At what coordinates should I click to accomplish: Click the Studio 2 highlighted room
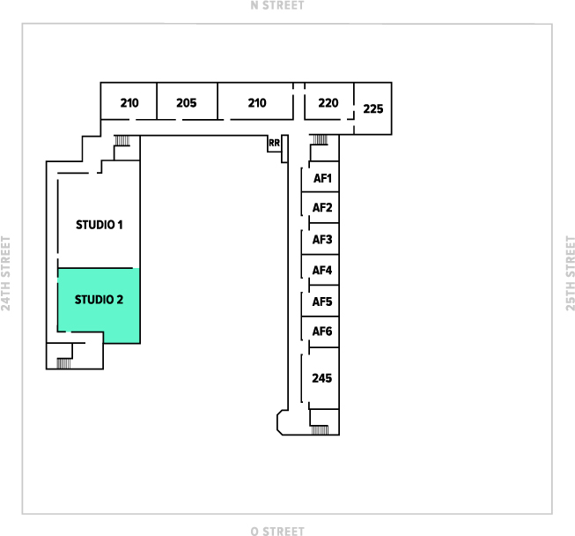tap(99, 300)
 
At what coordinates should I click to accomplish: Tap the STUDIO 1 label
tap(99, 225)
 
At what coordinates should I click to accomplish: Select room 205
tap(186, 103)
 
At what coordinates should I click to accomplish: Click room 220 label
tap(328, 103)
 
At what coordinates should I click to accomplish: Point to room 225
tap(373, 109)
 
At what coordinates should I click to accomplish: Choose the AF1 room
tap(322, 179)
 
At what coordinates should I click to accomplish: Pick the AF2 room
tap(322, 208)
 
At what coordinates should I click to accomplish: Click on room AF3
tap(322, 240)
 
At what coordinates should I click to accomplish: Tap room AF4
tap(322, 271)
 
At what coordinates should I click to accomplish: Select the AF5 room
tap(322, 301)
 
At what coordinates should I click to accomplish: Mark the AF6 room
tap(322, 332)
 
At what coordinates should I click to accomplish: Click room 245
tap(322, 378)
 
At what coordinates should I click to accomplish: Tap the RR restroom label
tap(274, 143)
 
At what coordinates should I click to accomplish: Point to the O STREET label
tap(277, 531)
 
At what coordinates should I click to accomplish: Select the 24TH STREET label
tap(6, 273)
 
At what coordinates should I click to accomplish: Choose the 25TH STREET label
tap(570, 273)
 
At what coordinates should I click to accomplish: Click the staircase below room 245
tap(320, 429)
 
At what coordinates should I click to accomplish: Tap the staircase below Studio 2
tap(63, 362)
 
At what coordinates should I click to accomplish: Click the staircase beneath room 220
tap(319, 138)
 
